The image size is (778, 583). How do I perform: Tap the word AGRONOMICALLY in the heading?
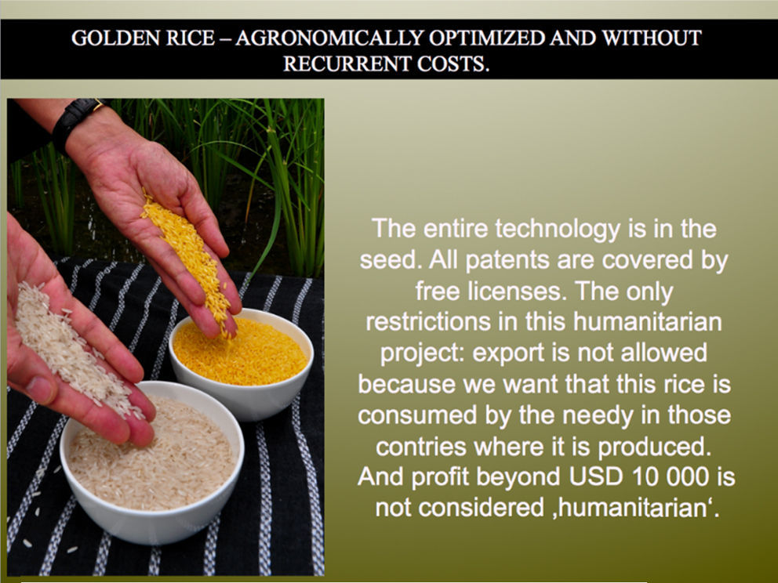329,38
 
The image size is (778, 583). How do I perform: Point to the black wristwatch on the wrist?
75,119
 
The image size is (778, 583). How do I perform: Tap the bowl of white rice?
152,463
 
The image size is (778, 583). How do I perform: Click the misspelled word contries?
421,447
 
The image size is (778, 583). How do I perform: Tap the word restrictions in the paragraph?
428,322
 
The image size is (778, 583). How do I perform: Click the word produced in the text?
654,447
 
